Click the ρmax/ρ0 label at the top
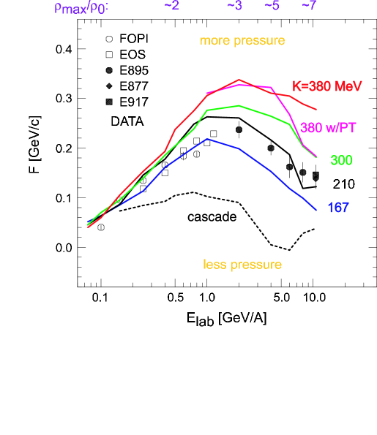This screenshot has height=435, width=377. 81,9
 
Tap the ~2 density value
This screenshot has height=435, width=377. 171,6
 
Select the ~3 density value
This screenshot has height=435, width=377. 234,6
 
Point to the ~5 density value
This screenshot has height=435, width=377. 272,6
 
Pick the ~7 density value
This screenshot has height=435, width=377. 309,6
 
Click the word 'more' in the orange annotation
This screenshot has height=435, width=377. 214,41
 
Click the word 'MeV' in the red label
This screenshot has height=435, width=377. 348,86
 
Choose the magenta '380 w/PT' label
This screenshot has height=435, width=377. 328,128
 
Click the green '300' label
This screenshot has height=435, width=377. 341,161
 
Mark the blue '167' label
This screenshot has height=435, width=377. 337,208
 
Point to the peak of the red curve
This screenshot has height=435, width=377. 239,79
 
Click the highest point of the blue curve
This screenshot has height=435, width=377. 208,138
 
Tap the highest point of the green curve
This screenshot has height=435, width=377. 239,105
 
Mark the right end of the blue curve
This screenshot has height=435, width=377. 316,210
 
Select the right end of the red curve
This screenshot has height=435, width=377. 316,110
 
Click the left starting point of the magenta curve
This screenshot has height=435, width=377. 208,93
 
